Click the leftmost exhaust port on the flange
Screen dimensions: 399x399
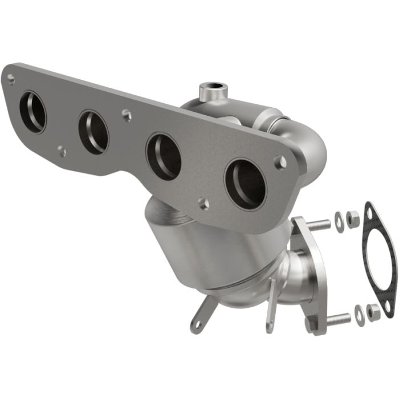tap(32, 111)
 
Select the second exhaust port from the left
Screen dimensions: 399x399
tap(93, 132)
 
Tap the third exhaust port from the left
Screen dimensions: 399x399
tap(164, 156)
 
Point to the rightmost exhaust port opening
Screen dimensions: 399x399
tap(246, 184)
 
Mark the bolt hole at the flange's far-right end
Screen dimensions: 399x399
tap(280, 162)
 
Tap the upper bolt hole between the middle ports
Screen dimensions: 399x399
tap(127, 115)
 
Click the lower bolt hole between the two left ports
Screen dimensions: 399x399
tap(61, 152)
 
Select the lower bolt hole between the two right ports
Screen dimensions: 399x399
tap(203, 203)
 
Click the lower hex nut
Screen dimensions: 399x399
tap(373, 311)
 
